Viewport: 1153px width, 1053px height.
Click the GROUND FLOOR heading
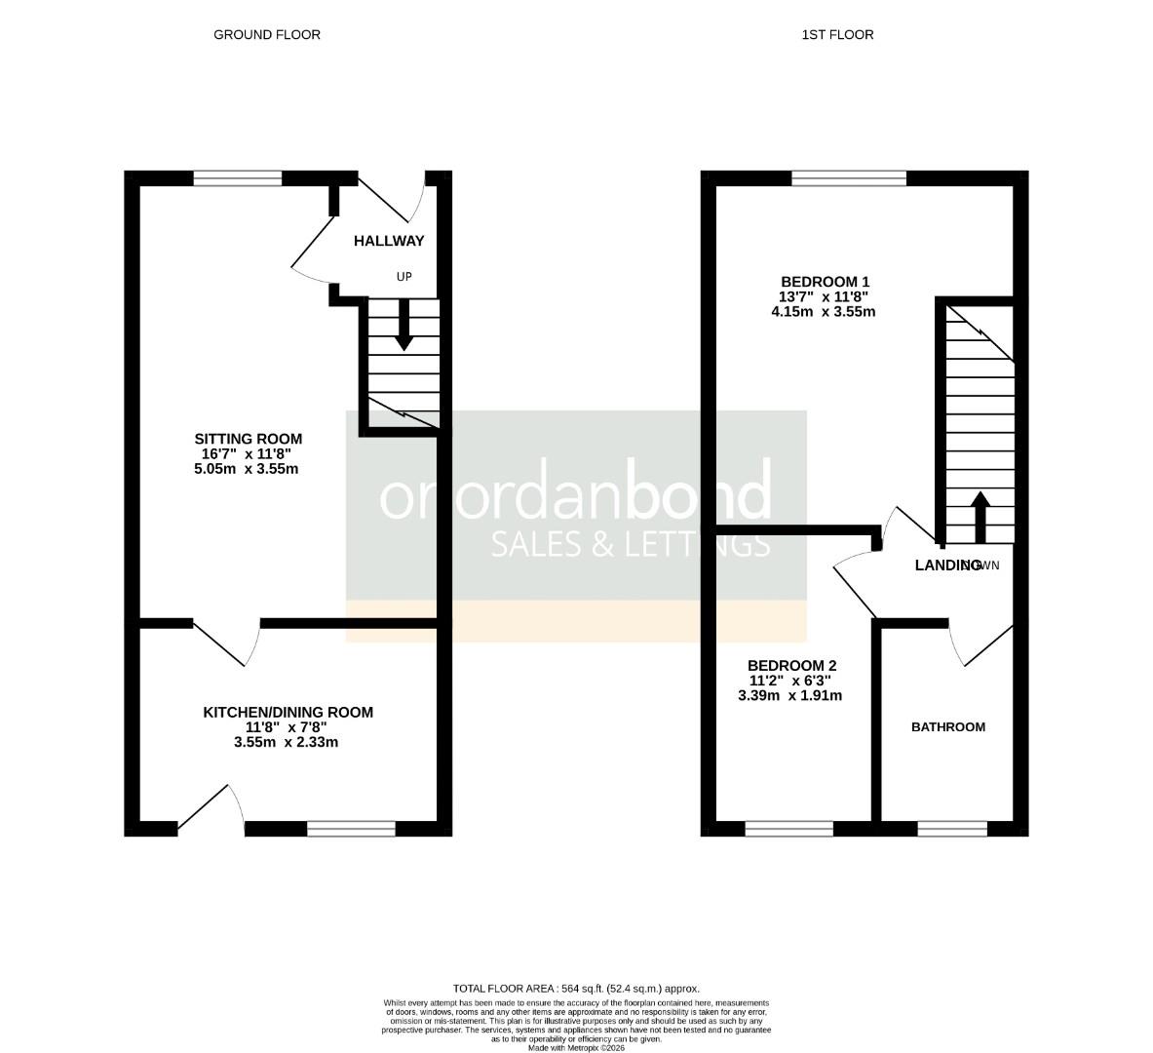pyautogui.click(x=266, y=35)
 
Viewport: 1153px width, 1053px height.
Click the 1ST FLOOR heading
pyautogui.click(x=837, y=35)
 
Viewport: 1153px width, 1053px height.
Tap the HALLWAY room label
pyautogui.click(x=389, y=241)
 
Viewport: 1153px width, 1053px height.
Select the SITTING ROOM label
pyautogui.click(x=248, y=439)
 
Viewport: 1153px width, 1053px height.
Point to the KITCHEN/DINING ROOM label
pyautogui.click(x=288, y=713)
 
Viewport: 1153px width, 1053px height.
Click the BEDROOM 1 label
pyautogui.click(x=823, y=281)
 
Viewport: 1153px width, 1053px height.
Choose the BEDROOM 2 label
pyautogui.click(x=791, y=666)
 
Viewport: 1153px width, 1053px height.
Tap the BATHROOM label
pyautogui.click(x=947, y=727)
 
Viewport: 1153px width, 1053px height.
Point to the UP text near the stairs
pyautogui.click(x=404, y=277)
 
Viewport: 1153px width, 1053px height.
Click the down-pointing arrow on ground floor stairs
pyautogui.click(x=404, y=327)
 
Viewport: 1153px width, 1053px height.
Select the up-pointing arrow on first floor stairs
pyautogui.click(x=980, y=517)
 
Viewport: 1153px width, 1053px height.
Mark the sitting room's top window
pyautogui.click(x=238, y=178)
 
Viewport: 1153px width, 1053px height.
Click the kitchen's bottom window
pyautogui.click(x=351, y=829)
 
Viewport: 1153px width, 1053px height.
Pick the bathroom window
pyautogui.click(x=952, y=829)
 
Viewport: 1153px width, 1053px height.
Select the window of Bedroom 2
pyautogui.click(x=788, y=829)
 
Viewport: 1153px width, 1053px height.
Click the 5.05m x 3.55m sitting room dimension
pyautogui.click(x=246, y=469)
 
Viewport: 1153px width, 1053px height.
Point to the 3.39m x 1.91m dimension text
pyautogui.click(x=790, y=696)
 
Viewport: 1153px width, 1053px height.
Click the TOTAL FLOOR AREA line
pyautogui.click(x=576, y=988)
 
